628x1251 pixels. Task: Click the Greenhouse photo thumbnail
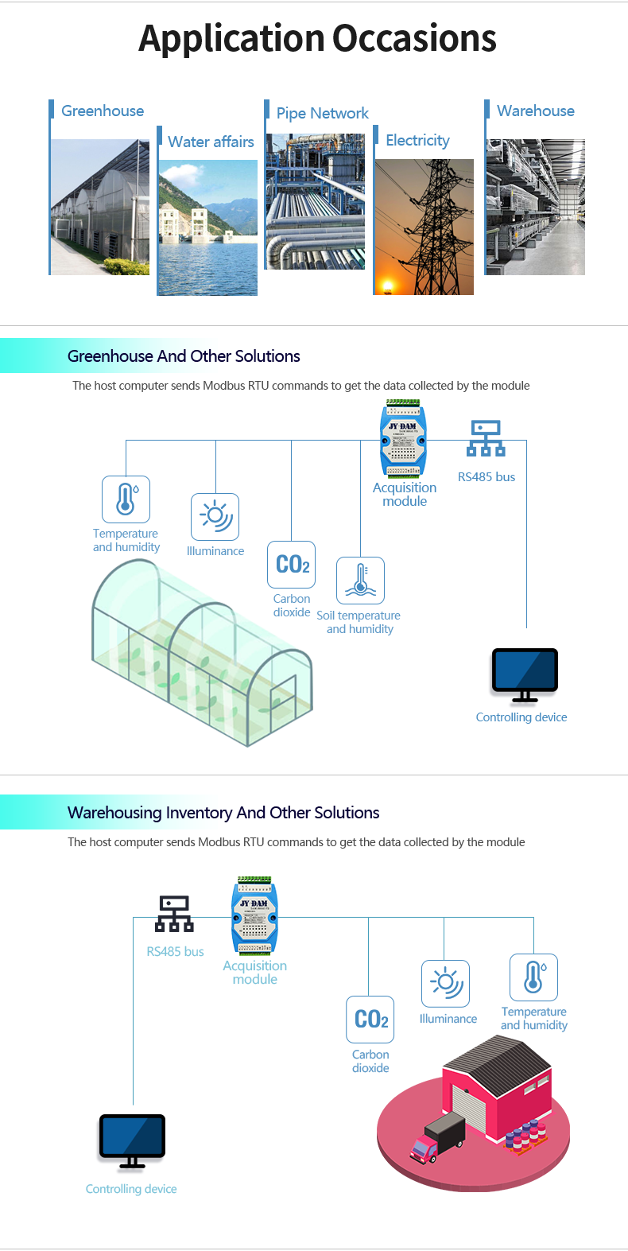coord(100,207)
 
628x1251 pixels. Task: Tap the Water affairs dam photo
coord(207,227)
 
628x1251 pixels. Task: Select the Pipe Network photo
coord(316,201)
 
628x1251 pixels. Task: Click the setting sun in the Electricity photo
coord(389,286)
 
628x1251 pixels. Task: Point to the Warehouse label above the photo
coord(535,111)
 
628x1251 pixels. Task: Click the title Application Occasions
coord(317,38)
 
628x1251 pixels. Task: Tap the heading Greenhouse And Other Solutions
coord(184,356)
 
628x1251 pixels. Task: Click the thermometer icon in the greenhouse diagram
coord(126,499)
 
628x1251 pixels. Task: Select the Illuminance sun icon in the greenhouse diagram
coord(215,516)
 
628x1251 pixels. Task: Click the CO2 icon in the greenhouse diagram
coord(292,565)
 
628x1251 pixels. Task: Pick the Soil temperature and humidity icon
coord(360,580)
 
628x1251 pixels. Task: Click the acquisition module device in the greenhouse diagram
coord(403,441)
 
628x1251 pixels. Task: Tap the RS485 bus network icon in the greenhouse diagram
coord(486,438)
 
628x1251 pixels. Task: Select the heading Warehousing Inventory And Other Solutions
coord(223,813)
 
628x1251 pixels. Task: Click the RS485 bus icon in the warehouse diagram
coord(174,914)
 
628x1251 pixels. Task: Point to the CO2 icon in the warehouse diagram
coord(370,1019)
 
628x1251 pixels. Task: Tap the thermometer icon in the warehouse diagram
coord(533,977)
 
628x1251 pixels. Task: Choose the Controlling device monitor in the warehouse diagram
coord(132,1139)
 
